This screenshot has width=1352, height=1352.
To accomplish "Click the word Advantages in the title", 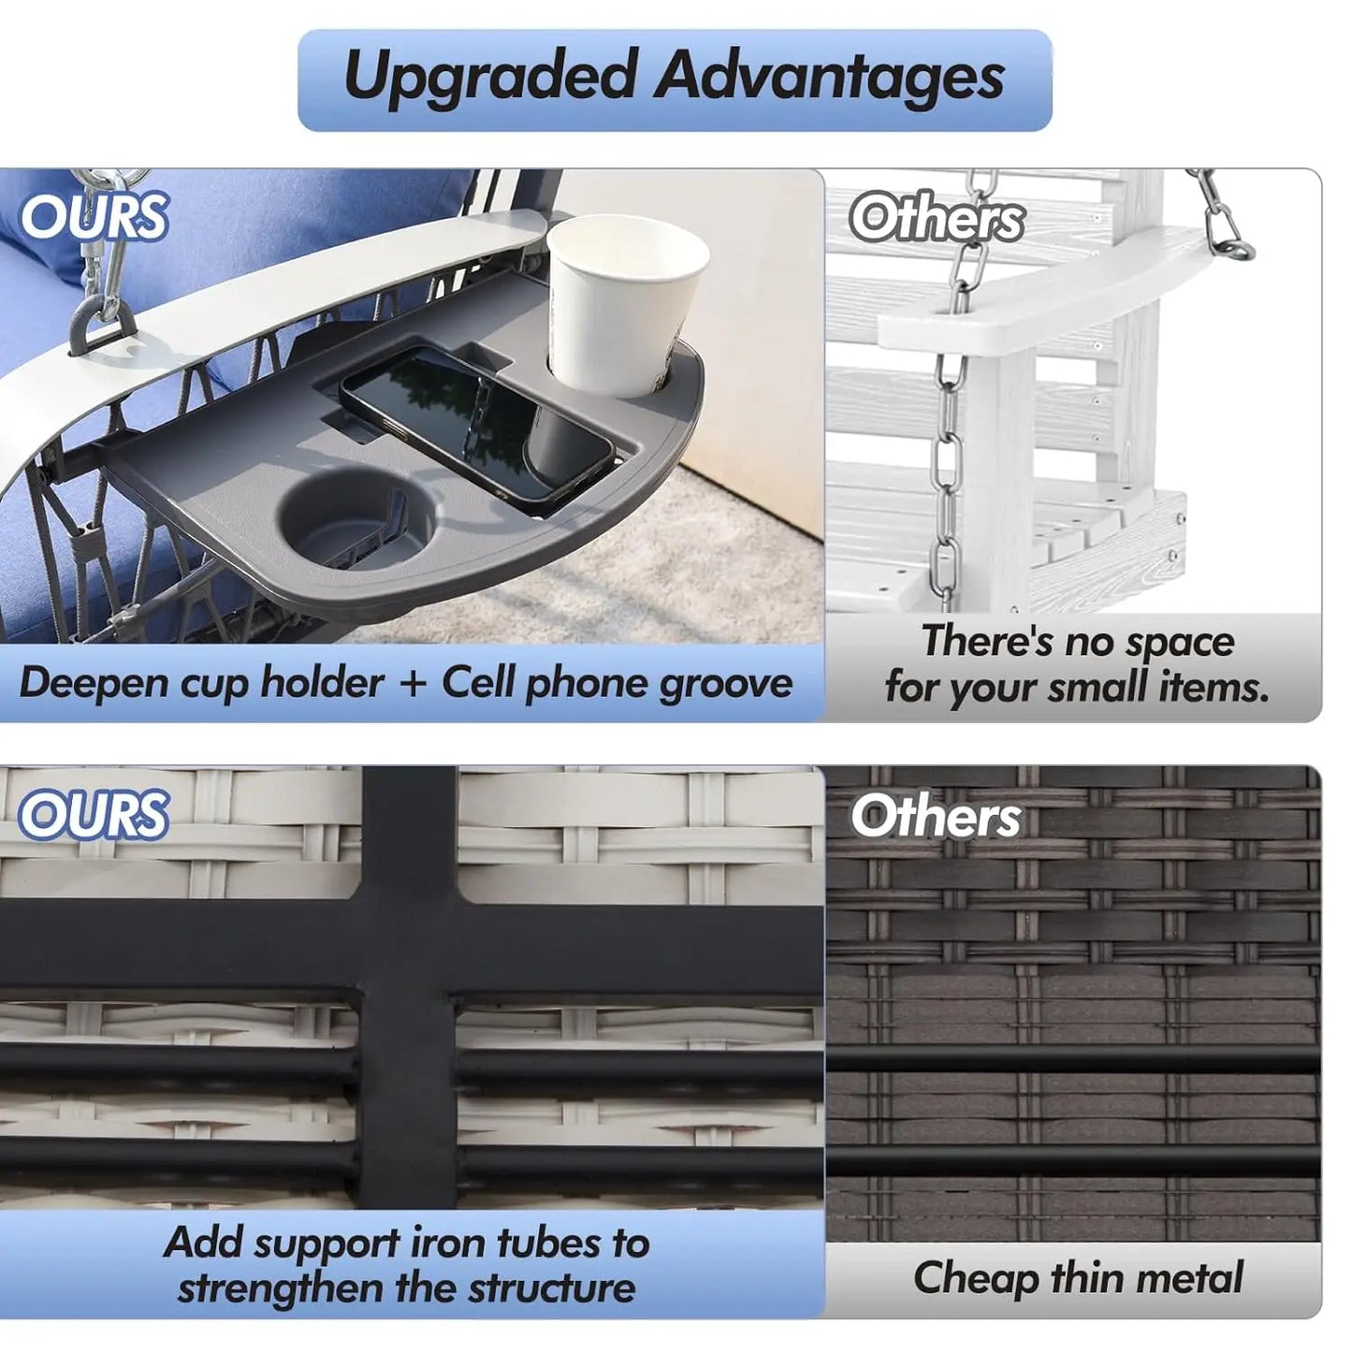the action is (x=829, y=76).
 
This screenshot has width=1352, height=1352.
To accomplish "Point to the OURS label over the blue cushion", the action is (x=94, y=215).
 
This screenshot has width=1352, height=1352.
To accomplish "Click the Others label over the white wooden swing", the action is (x=936, y=218).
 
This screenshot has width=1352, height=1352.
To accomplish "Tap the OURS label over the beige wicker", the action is (x=94, y=814).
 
